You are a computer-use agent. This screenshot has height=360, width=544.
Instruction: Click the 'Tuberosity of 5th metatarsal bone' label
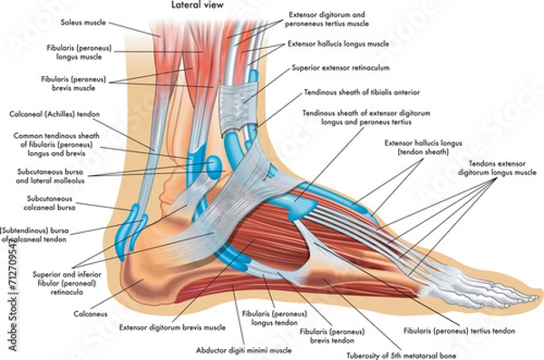pos(389,354)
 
